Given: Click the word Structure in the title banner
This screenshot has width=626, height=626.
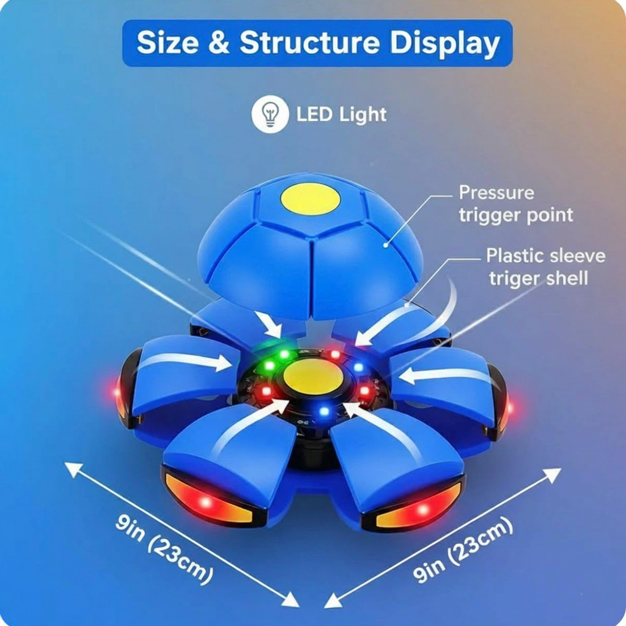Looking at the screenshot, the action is [309, 42].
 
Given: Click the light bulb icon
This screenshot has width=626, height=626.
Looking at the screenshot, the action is [270, 114].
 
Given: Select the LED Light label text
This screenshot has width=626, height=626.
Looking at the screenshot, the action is [341, 114].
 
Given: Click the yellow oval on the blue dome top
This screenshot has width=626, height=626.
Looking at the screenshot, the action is [310, 199].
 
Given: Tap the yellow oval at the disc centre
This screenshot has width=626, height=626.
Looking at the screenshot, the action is [314, 377].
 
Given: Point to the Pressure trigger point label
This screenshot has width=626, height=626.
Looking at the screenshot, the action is [516, 204].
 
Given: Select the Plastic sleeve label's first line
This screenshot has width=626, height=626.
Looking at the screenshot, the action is [546, 256].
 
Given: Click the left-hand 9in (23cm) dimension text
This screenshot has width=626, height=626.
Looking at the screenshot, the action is [164, 549].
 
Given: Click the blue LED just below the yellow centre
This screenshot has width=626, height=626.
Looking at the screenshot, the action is [324, 411].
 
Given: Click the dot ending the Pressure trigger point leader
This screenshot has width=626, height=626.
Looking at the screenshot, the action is [386, 245].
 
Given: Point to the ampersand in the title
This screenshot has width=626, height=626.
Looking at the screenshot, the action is [219, 42].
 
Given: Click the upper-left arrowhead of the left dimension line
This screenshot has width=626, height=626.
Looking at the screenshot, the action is [73, 469].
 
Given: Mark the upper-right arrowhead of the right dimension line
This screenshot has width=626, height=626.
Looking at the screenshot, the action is [553, 474].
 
